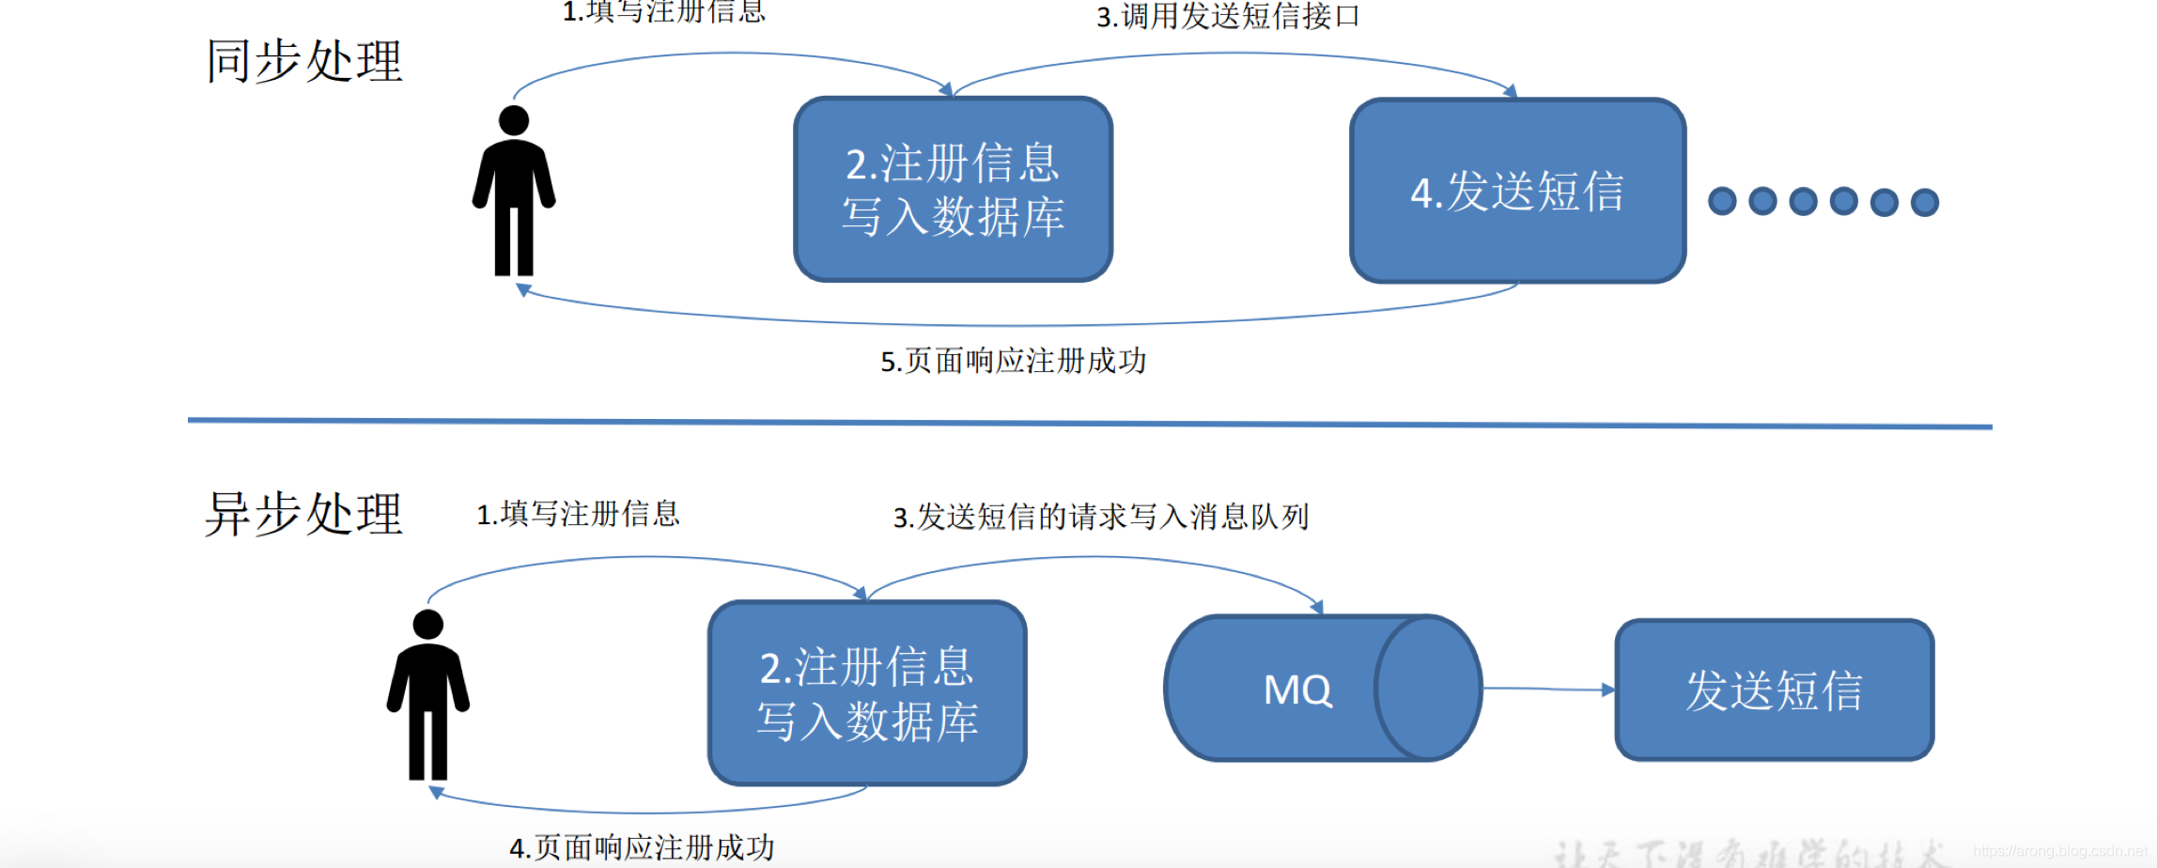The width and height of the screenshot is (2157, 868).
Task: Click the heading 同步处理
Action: (304, 62)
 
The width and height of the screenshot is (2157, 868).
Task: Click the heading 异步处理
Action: (304, 515)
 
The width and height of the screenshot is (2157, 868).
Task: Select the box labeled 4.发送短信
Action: (1517, 191)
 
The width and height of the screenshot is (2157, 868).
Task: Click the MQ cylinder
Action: (1323, 689)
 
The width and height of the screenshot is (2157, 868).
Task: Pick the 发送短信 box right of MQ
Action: (1774, 690)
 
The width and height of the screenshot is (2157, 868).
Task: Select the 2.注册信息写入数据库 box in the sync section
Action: (953, 190)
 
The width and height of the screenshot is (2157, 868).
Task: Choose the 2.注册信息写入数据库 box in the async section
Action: (867, 693)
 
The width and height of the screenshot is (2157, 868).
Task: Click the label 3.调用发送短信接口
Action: (1228, 17)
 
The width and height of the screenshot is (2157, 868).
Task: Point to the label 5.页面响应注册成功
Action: (1013, 361)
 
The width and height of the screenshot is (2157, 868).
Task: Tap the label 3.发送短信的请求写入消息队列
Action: (1100, 517)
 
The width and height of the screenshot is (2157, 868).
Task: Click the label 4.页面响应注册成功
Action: (642, 847)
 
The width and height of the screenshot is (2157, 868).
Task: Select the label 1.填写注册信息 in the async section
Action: (578, 514)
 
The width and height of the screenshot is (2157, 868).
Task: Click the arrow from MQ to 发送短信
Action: (1548, 690)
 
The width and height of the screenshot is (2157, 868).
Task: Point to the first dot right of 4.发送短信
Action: (1722, 201)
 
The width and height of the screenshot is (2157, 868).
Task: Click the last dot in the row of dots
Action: (1925, 202)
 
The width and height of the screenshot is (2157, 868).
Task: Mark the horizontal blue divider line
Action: (1090, 424)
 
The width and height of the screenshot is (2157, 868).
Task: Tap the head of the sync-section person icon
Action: (514, 120)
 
